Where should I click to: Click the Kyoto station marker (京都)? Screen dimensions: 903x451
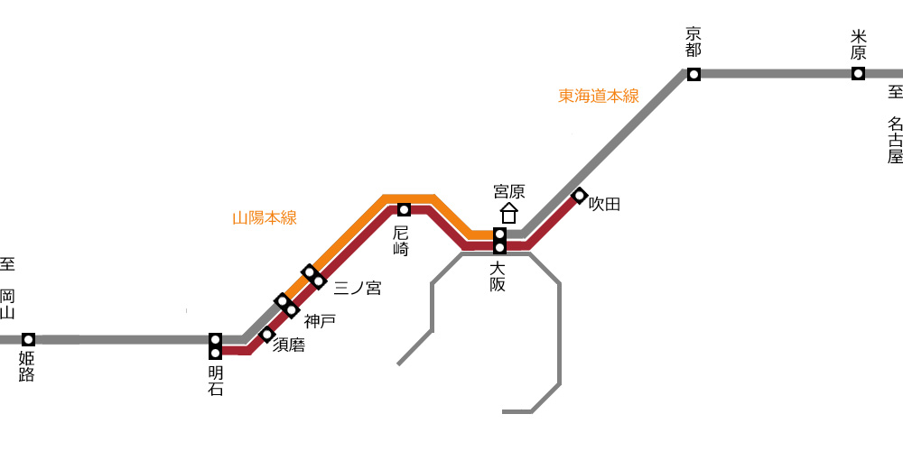(x=694, y=74)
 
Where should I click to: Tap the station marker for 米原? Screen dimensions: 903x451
(x=858, y=74)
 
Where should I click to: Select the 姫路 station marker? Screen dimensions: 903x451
(x=28, y=339)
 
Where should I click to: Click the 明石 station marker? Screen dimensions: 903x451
(x=216, y=345)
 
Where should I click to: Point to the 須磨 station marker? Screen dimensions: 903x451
(x=266, y=335)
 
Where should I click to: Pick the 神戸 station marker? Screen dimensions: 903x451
(x=286, y=305)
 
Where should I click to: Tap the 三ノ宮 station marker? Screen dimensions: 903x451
(x=313, y=277)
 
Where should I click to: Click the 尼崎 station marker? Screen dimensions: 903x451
(x=405, y=210)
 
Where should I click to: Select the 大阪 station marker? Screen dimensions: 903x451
(x=500, y=241)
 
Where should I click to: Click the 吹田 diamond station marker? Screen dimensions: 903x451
(x=580, y=196)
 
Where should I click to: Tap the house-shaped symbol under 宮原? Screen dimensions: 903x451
(x=508, y=214)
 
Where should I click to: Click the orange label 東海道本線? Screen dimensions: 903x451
(x=599, y=96)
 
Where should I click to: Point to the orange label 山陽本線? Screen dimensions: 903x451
(x=265, y=218)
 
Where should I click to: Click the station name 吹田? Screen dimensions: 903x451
(x=605, y=204)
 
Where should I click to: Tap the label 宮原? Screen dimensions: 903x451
(x=509, y=191)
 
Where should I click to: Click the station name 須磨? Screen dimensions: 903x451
(x=289, y=345)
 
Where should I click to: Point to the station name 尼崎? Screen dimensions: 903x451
(x=402, y=241)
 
